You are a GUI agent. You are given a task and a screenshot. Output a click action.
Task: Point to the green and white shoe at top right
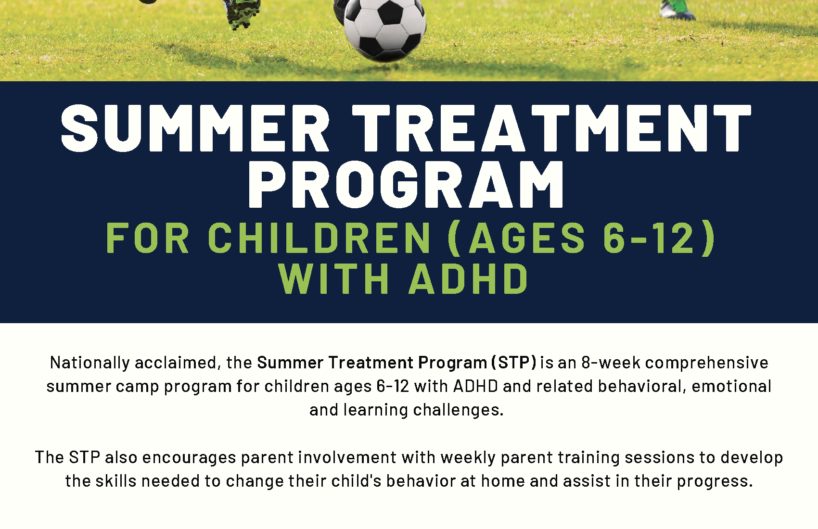(677, 10)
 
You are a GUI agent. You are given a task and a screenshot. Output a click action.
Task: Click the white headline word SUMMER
(195, 128)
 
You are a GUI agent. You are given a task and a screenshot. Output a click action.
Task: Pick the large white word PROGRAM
(407, 184)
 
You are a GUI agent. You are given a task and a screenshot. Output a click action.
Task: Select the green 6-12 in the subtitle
(648, 238)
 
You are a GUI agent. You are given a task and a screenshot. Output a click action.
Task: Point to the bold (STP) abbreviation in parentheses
(514, 363)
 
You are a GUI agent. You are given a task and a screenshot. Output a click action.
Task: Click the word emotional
(731, 386)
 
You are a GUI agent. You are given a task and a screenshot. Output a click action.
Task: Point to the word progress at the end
(716, 482)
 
